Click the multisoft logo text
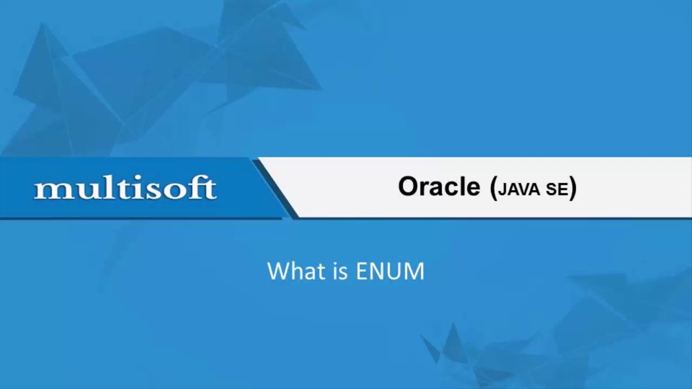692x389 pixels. click(x=125, y=189)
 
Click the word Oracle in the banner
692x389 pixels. click(x=439, y=187)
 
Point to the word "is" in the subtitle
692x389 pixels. click(x=340, y=271)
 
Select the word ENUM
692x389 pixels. click(x=390, y=271)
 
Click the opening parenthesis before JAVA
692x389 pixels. click(x=493, y=188)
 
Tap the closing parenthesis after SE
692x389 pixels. click(x=573, y=188)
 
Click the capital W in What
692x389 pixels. click(x=277, y=271)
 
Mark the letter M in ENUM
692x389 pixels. click(x=414, y=271)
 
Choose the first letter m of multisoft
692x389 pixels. click(x=48, y=190)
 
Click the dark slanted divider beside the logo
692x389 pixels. click(x=275, y=189)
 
